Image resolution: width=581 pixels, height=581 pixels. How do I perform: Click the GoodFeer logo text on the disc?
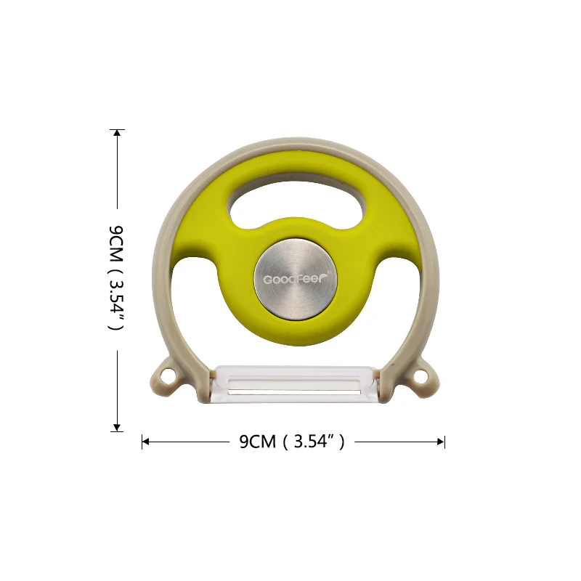point(293,279)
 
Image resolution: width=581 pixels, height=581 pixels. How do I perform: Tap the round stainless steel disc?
point(296,279)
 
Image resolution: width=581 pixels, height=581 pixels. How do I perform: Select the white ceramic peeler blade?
point(295,384)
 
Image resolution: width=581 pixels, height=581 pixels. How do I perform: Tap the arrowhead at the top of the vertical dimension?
point(117,133)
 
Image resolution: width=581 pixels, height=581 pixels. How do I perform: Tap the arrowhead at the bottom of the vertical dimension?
point(117,428)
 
